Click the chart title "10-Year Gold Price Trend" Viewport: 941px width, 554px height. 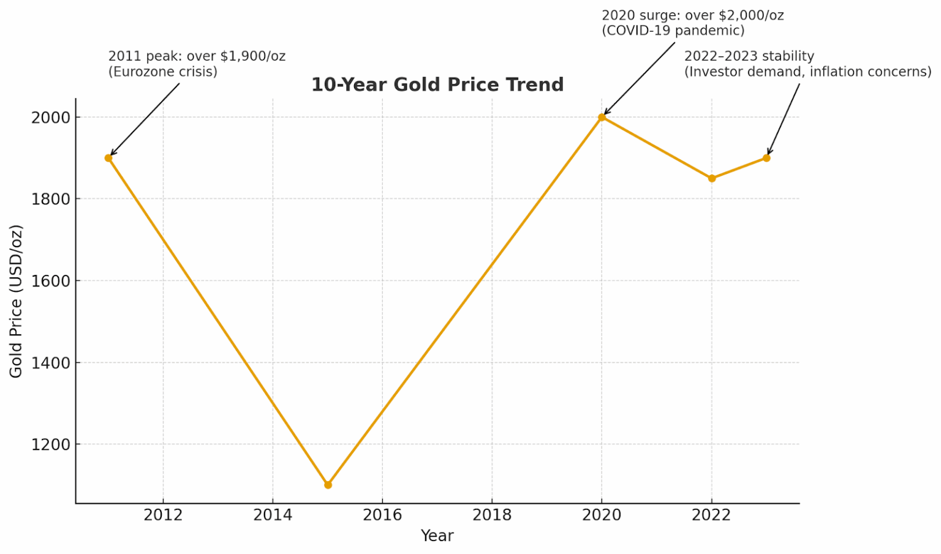437,84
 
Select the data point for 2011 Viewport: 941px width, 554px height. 108,158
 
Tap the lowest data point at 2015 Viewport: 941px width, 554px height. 328,485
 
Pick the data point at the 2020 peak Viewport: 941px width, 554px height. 602,117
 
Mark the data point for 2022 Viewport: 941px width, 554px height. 711,179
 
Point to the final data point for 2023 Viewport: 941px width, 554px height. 766,158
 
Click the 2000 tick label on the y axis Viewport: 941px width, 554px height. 50,118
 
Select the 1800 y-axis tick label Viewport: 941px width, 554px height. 50,200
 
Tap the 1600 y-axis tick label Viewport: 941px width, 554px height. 50,281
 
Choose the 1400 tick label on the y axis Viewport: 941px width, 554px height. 50,363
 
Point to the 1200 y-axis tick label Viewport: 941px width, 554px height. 50,444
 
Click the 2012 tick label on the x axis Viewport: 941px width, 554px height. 163,515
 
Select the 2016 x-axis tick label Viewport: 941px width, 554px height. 382,515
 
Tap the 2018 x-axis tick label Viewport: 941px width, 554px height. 492,515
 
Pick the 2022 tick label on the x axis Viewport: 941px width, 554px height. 711,515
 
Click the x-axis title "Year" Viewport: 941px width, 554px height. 437,536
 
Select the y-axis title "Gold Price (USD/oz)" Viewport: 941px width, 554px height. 16,301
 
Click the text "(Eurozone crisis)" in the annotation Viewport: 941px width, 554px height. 163,72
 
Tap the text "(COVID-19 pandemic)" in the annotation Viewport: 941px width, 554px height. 673,31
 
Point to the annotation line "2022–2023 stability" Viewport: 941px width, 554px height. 749,56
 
